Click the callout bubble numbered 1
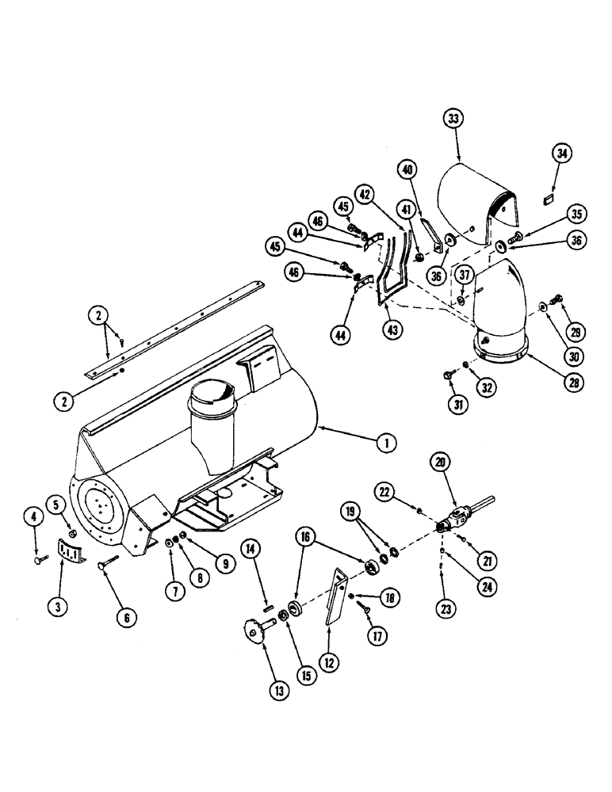386,444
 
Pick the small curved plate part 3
71,551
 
